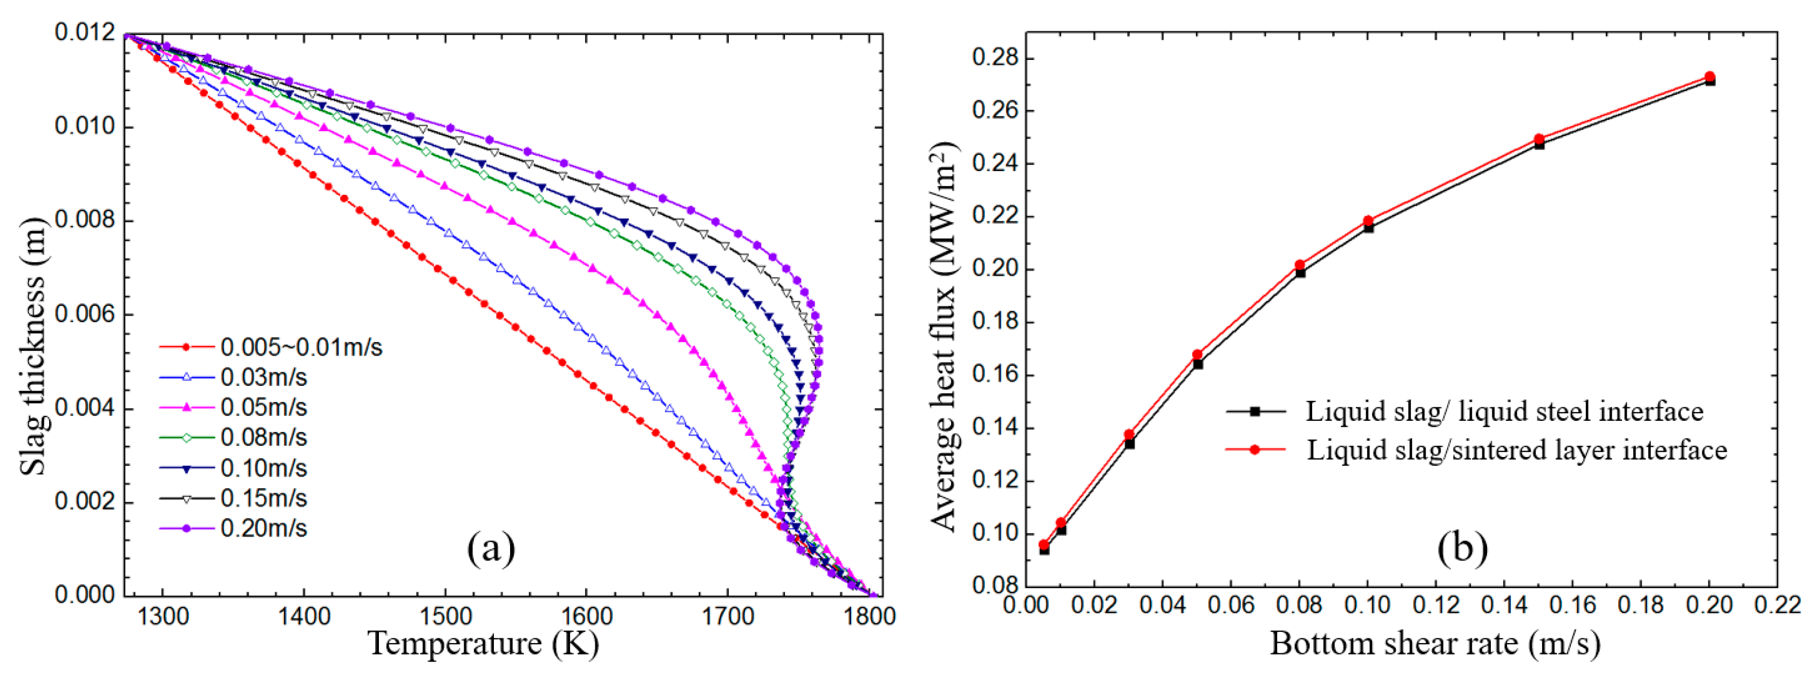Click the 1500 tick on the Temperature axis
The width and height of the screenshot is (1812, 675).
tap(445, 617)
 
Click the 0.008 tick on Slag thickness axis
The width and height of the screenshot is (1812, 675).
tap(84, 220)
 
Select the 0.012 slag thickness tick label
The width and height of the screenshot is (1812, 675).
tap(84, 32)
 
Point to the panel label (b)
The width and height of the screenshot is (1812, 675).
tap(1462, 548)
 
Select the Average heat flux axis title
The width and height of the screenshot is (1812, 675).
tap(944, 338)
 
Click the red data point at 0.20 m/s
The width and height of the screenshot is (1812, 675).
tap(1709, 77)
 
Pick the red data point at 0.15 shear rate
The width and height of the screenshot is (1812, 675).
tap(1539, 139)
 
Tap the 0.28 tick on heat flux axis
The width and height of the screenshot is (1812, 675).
tap(993, 58)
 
